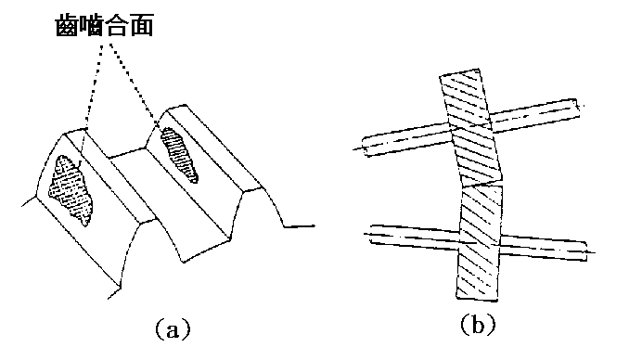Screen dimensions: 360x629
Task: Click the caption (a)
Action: [x=171, y=327]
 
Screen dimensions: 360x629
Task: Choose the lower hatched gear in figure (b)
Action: [x=480, y=241]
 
